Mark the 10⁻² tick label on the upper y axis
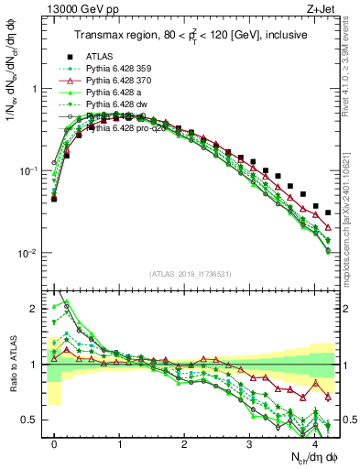27,253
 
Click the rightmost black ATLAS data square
328,213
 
